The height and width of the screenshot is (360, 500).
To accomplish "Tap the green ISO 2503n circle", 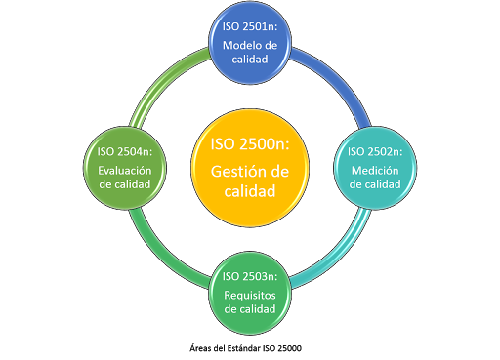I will pyautogui.click(x=250, y=287).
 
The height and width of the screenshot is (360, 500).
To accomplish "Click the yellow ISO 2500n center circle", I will pyautogui.click(x=250, y=168).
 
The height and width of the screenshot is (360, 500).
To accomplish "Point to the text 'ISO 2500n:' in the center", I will pyautogui.click(x=250, y=144).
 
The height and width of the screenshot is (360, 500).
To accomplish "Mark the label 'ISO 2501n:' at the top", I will pyautogui.click(x=250, y=29).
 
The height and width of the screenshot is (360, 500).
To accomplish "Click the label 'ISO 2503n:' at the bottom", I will pyautogui.click(x=250, y=276).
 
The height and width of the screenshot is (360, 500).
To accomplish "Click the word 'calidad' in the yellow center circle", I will pyautogui.click(x=250, y=191).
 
